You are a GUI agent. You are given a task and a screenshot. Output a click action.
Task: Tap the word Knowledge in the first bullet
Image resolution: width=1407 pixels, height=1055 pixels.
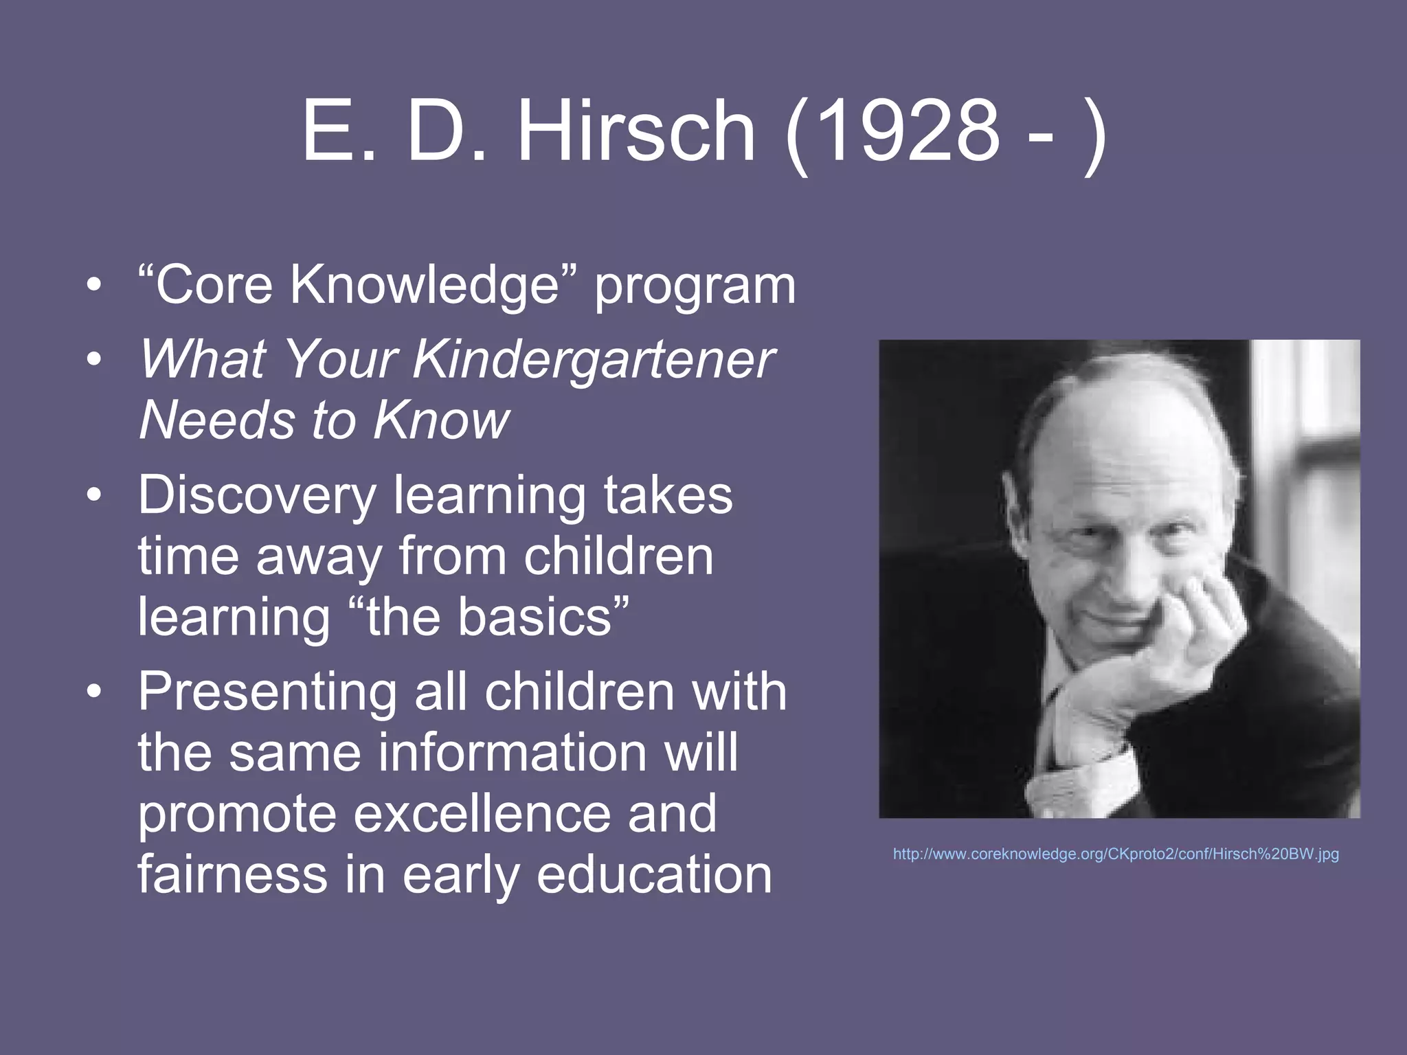pos(425,284)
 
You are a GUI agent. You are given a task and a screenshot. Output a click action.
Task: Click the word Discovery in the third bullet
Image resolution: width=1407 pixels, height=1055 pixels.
pos(258,495)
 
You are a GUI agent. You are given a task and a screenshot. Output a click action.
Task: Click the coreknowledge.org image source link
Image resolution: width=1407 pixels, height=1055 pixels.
pos(1116,854)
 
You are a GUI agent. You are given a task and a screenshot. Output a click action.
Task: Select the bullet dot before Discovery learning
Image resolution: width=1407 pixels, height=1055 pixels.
pos(95,495)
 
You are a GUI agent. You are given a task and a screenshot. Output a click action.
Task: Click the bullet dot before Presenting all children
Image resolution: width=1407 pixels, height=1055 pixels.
pos(95,692)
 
